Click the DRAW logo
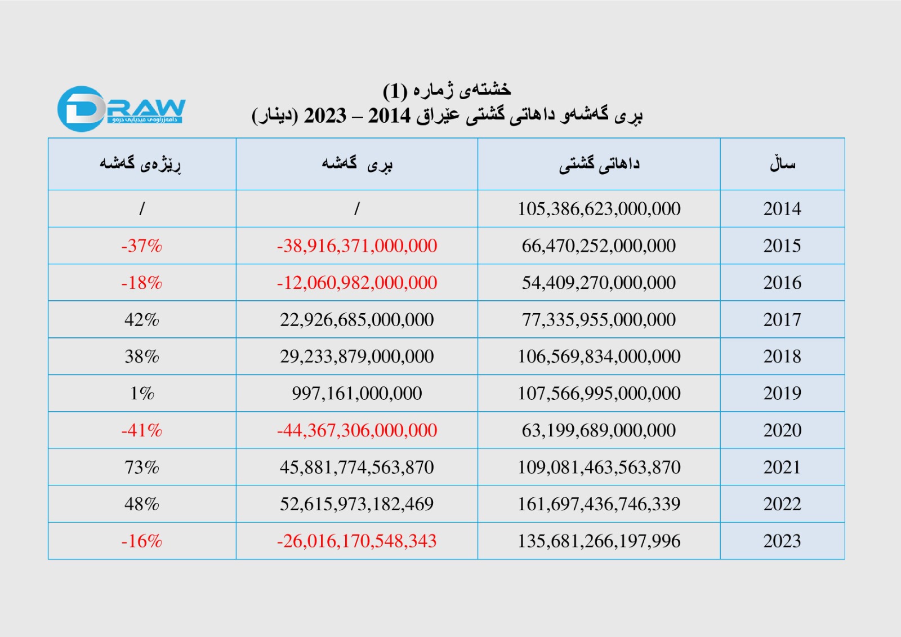pos(121,109)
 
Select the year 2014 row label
pos(782,209)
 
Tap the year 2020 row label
pos(782,430)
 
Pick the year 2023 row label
pos(782,541)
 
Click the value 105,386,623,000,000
pos(599,209)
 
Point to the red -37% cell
pos(141,246)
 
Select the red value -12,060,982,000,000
pos(356,283)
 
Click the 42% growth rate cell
pos(141,320)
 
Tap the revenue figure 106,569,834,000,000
pos(599,357)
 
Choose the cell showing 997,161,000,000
pos(356,394)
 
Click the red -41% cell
pos(141,430)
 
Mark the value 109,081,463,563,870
pos(599,467)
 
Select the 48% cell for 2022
pos(141,504)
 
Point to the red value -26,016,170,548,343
pos(356,541)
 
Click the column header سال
pos(782,164)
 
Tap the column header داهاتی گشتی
pos(599,164)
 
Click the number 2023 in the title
pos(325,116)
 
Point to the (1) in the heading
pos(395,90)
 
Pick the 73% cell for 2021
pos(141,467)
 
